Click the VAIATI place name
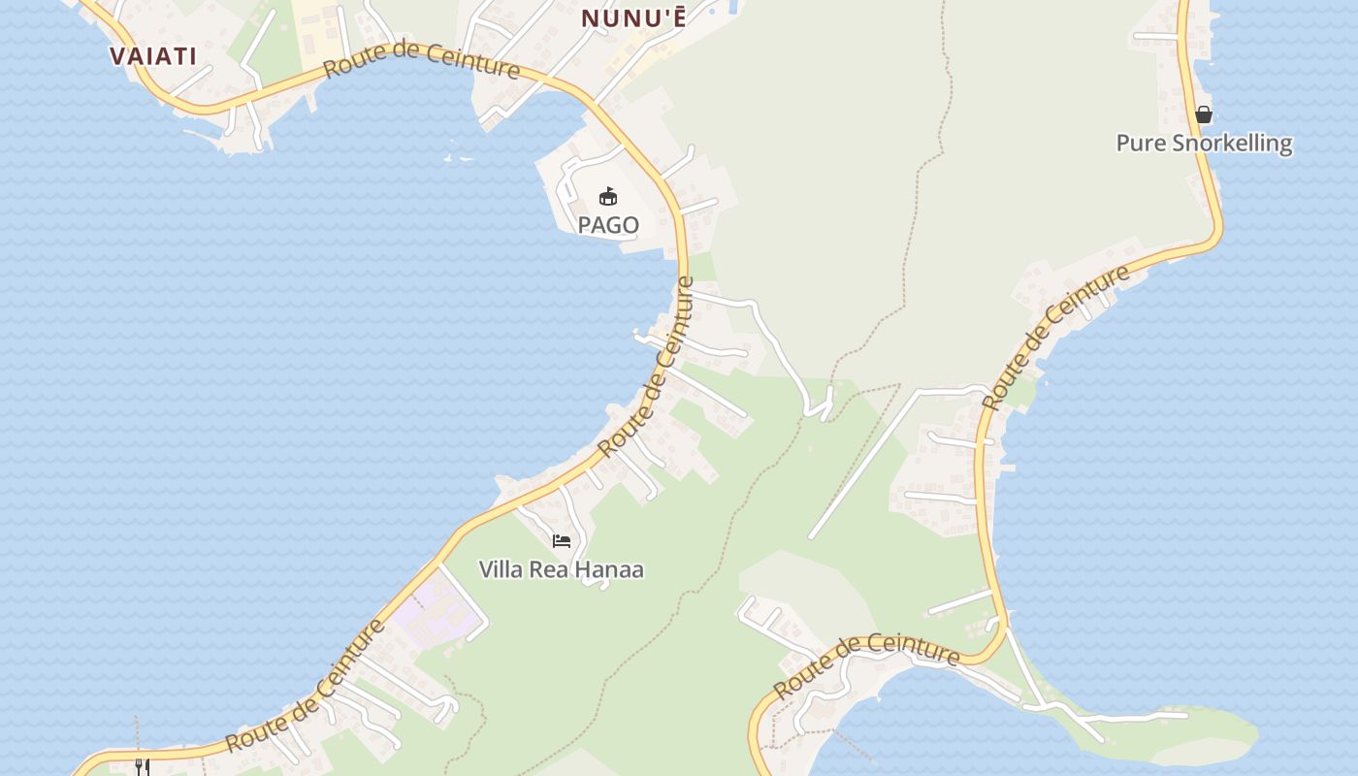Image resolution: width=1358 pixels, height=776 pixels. (x=153, y=55)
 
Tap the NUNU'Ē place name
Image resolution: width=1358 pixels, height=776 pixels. (x=632, y=17)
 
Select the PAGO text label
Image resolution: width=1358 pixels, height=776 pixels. (x=608, y=225)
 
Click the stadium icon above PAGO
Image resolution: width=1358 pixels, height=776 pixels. (x=608, y=197)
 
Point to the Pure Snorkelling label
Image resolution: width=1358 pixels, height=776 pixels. (x=1204, y=144)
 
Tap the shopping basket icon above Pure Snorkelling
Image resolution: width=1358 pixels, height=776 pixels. (x=1204, y=114)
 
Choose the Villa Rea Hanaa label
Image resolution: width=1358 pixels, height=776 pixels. (x=561, y=569)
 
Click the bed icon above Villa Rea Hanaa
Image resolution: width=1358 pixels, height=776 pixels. (x=562, y=541)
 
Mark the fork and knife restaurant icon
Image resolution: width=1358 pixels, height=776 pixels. (x=142, y=766)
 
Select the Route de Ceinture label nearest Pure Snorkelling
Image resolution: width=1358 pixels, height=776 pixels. (x=1056, y=336)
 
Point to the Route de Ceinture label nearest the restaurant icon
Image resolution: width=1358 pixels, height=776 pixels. (x=305, y=685)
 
